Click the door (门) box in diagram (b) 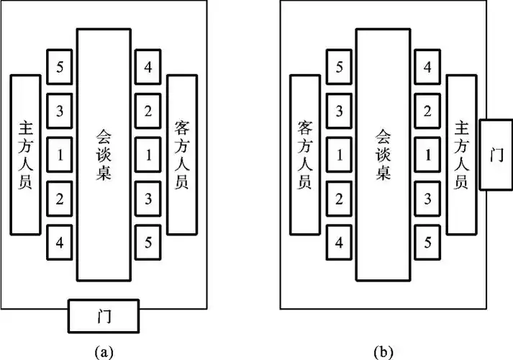point(496,154)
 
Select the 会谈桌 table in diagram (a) point(104,154)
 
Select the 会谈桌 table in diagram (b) point(383,154)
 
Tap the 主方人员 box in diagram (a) point(24,154)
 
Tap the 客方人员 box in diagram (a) point(182,154)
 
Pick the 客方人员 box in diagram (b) point(304,154)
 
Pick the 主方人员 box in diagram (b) point(461,154)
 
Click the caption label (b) point(383,351)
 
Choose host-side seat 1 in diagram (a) point(60,154)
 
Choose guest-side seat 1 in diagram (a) point(147,154)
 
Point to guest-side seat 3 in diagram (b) point(340,111)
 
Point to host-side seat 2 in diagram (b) point(427,111)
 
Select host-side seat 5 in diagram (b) point(427,242)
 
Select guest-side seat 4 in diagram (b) point(340,242)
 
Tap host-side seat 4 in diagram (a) point(60,242)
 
